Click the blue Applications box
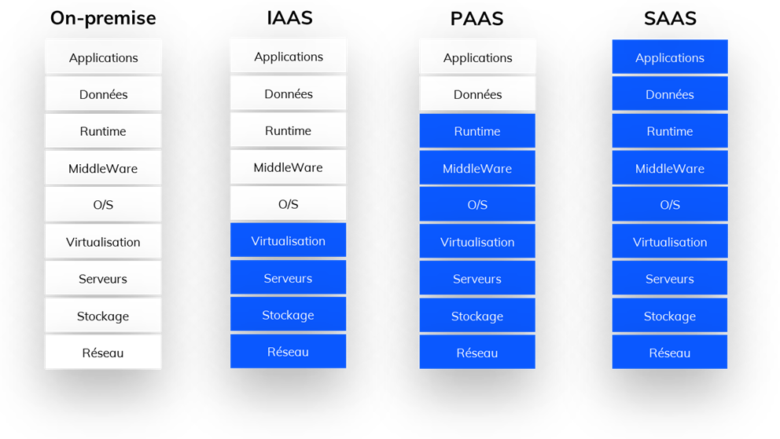669,57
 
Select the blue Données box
669,94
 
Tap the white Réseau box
103,353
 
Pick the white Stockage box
103,316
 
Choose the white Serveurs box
103,279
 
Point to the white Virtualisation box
103,242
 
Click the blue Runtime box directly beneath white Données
477,131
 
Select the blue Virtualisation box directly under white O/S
288,240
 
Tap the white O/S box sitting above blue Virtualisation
288,203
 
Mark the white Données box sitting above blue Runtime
477,94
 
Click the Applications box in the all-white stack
103,57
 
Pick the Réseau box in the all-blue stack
669,353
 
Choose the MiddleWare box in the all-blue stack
669,168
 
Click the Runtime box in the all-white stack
103,131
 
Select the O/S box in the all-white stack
103,204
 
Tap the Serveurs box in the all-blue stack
669,279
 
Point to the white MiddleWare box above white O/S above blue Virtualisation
288,167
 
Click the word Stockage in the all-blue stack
669,316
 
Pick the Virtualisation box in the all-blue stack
669,242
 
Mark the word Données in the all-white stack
103,94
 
